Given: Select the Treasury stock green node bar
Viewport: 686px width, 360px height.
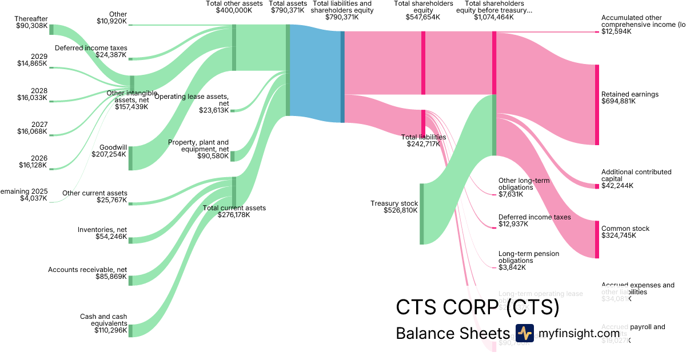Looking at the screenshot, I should click(x=422, y=214).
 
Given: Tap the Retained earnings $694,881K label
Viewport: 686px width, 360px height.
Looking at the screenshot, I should click(x=629, y=98).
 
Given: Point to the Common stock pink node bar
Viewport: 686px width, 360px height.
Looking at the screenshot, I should click(x=597, y=239).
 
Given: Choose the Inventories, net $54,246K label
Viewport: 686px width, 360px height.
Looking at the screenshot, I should click(x=102, y=233).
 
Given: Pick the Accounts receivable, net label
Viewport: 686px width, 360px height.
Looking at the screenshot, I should click(x=87, y=273).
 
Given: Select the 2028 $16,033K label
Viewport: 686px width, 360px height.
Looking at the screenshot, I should click(x=32, y=94).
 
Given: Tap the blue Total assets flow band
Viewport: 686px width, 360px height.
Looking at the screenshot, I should click(x=316, y=74).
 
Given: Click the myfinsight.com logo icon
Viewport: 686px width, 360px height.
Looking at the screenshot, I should click(x=524, y=333).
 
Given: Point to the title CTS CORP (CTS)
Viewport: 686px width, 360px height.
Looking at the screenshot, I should click(x=477, y=307).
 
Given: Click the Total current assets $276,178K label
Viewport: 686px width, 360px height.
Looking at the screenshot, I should click(x=234, y=211).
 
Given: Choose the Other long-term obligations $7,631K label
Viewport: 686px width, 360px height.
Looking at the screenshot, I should click(x=524, y=187).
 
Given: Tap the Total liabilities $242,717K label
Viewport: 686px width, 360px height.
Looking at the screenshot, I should click(x=423, y=141).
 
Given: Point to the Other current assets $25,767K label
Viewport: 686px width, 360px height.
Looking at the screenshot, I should click(x=94, y=197).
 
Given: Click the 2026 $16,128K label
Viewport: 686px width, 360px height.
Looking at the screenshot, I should click(x=32, y=162).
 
